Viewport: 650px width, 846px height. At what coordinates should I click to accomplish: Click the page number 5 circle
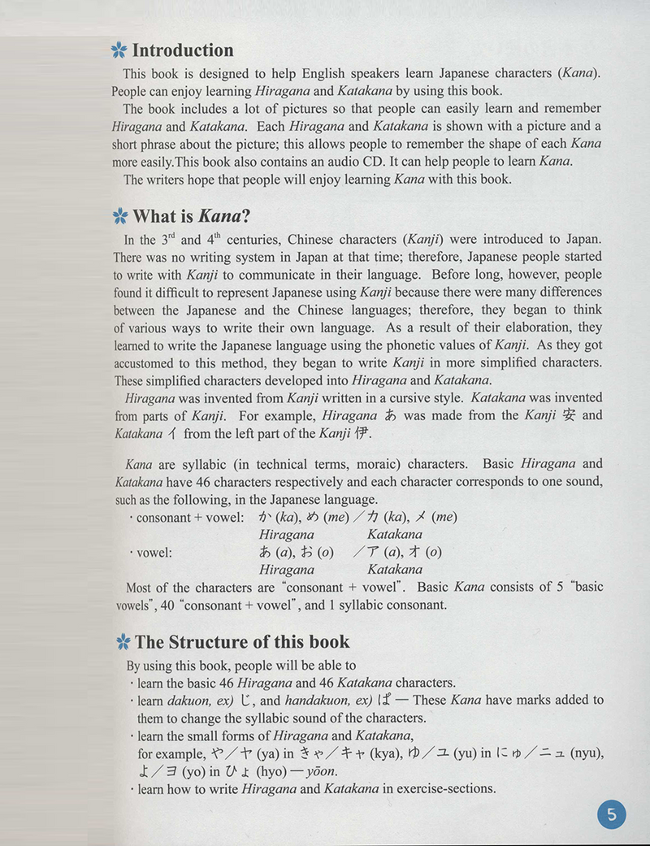pos(612,813)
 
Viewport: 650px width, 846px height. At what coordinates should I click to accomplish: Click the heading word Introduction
pos(182,50)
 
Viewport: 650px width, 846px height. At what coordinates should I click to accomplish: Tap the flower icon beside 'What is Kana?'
pos(120,216)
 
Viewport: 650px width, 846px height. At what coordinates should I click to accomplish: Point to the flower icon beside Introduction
pos(119,51)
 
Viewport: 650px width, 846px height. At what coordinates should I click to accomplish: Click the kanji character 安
pos(570,415)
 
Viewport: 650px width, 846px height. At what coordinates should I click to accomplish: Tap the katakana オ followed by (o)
pos(412,552)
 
